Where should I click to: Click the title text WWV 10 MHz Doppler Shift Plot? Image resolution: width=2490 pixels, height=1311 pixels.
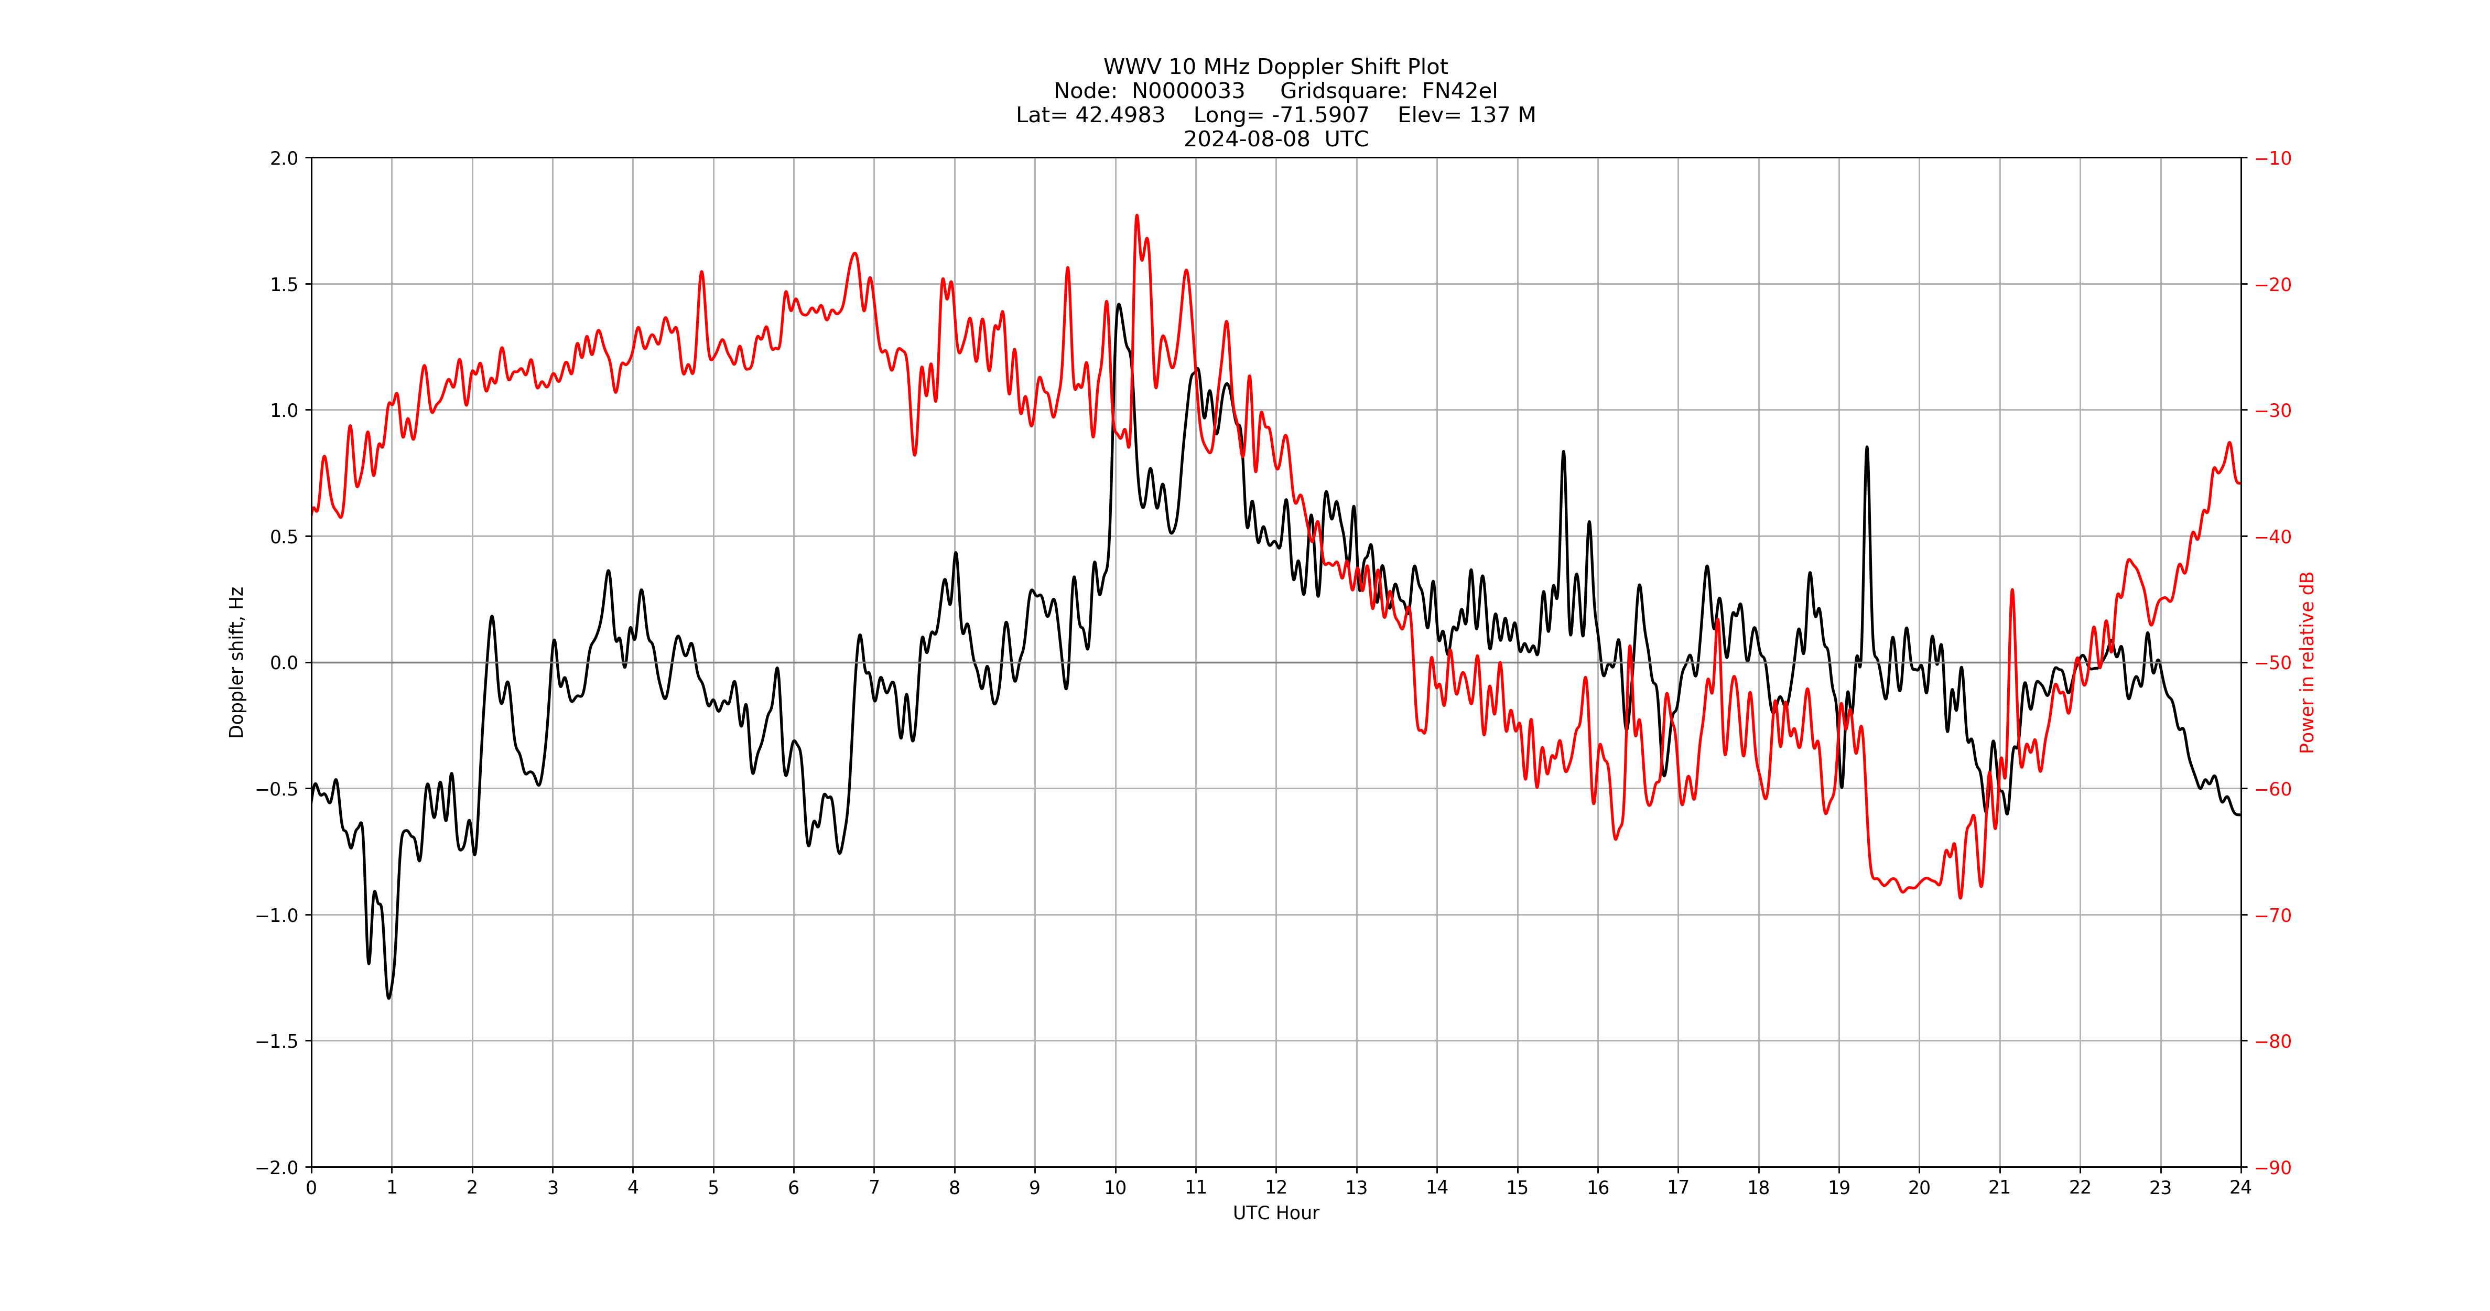pos(1275,67)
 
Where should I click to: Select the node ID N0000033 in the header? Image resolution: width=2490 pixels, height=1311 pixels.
pos(1188,91)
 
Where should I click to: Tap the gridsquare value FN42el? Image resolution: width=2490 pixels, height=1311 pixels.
pos(1459,91)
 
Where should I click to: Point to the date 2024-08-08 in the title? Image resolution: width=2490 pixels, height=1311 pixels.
pos(1247,139)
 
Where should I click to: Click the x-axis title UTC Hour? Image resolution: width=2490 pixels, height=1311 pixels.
pos(1275,1212)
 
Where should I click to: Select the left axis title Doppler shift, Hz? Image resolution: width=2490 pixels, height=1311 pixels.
pos(237,662)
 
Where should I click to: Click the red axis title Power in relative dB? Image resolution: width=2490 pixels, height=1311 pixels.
pos(2307,662)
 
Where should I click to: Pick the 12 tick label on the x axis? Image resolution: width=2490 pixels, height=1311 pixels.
pos(1276,1187)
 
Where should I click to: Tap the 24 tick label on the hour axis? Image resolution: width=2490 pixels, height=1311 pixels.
pos(2240,1187)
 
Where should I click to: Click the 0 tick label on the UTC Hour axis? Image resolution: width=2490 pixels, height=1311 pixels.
pos(311,1187)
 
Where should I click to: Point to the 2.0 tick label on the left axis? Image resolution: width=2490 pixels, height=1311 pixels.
pos(284,158)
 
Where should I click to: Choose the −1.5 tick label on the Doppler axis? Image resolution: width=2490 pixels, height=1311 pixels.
pos(277,1041)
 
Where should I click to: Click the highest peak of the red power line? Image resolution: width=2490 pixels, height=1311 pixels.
pos(1136,217)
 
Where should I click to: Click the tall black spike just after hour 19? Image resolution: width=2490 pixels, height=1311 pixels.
pos(1867,448)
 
